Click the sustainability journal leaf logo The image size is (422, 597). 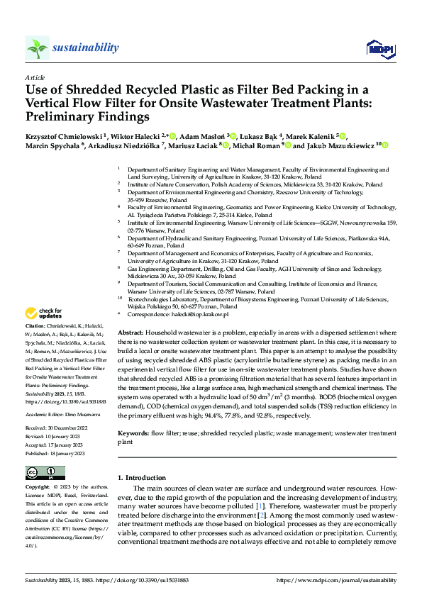(x=38, y=48)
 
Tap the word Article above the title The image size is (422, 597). (x=34, y=77)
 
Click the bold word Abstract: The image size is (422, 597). (x=131, y=333)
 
